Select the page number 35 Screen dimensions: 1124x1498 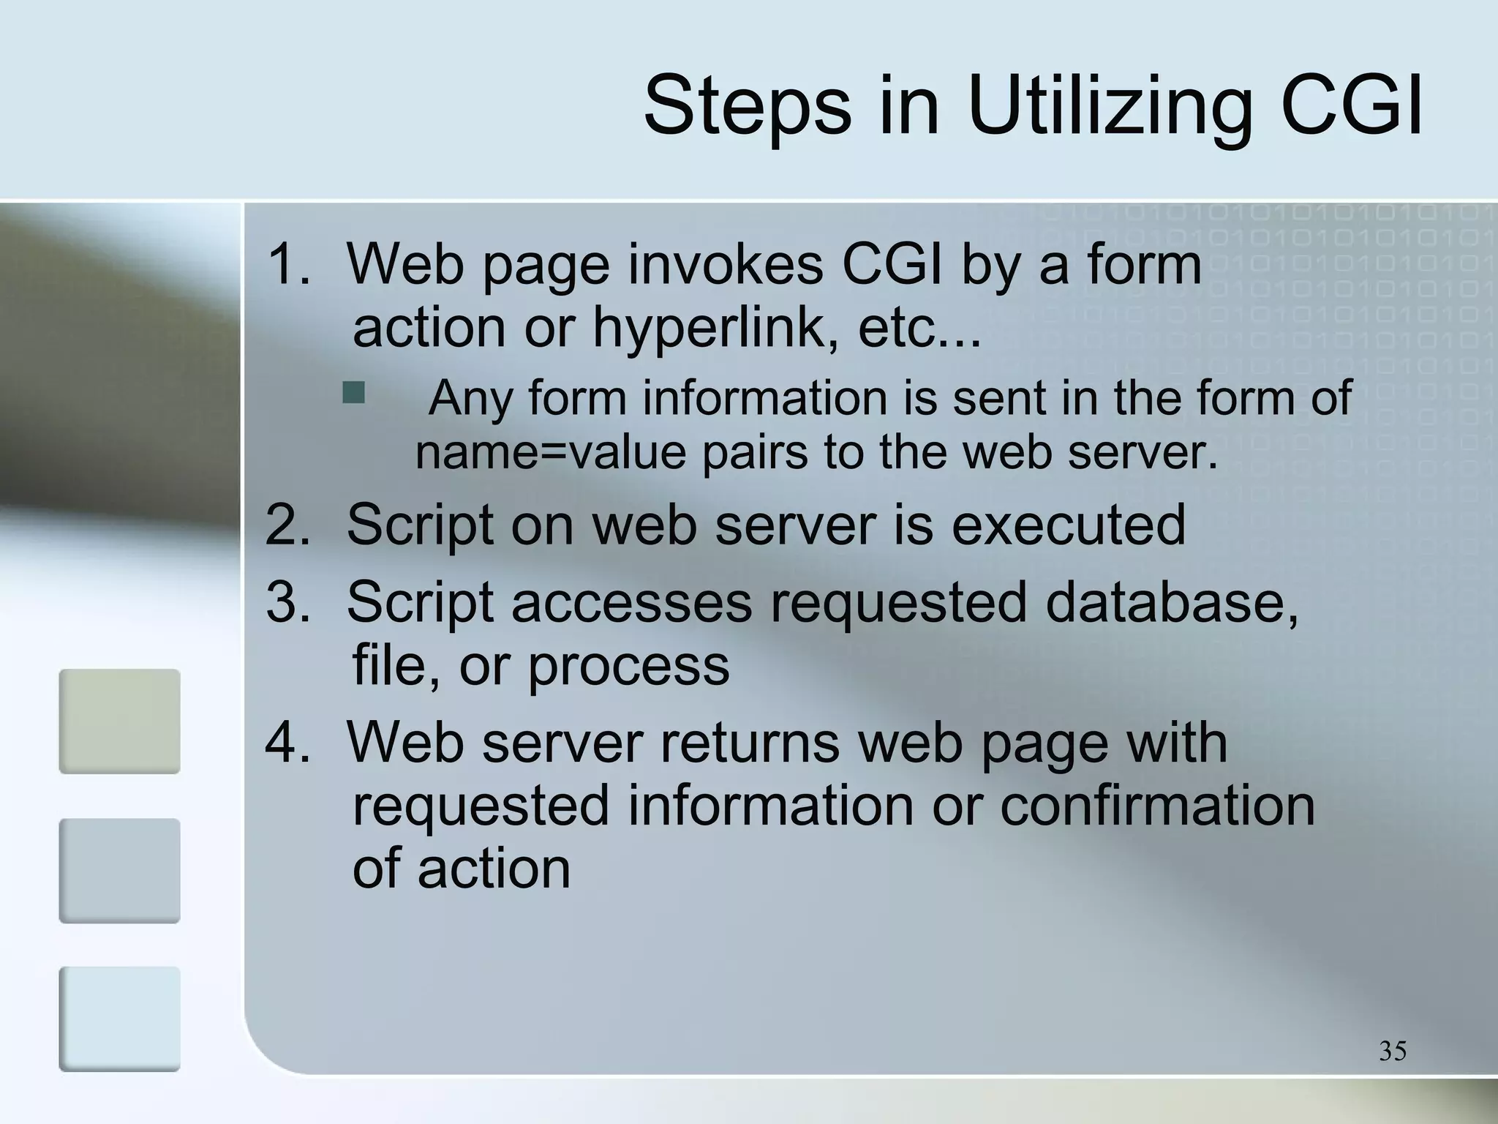pos(1393,1051)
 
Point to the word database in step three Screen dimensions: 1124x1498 pos(1171,602)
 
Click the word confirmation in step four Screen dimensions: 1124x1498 pos(1157,805)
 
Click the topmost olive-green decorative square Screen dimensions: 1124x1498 pos(119,721)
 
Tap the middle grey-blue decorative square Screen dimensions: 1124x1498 pos(119,870)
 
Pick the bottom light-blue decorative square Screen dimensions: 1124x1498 pos(119,1019)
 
